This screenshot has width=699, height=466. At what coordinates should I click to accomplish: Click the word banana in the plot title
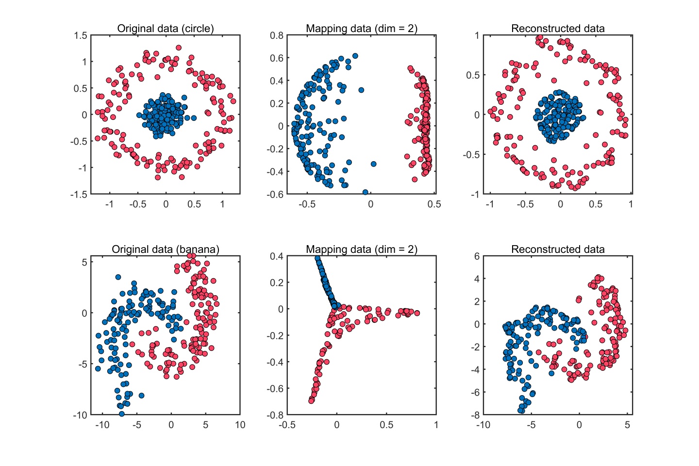[199, 250]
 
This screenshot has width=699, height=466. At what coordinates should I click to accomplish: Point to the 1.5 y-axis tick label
[81, 35]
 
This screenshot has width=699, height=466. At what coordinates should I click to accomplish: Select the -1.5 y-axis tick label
[80, 194]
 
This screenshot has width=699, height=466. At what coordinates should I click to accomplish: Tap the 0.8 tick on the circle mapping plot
[277, 35]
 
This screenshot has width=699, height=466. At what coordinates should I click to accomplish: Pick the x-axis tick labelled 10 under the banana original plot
[240, 425]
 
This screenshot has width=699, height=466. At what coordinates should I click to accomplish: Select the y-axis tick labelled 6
[477, 256]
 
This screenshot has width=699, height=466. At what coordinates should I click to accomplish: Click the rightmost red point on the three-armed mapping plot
[417, 313]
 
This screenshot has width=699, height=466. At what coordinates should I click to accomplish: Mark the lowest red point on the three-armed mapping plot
[312, 401]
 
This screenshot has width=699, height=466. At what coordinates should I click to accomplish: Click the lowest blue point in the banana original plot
[122, 414]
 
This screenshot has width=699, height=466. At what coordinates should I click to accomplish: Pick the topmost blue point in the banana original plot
[118, 277]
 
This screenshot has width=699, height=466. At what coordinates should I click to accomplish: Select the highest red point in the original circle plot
[179, 48]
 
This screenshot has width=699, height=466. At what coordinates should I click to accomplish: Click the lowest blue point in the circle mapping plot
[366, 192]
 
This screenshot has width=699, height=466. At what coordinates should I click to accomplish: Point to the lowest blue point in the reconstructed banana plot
[521, 411]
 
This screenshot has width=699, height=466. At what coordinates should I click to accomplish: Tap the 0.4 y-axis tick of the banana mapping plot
[277, 256]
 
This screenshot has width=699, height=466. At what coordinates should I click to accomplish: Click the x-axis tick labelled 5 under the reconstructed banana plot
[627, 425]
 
